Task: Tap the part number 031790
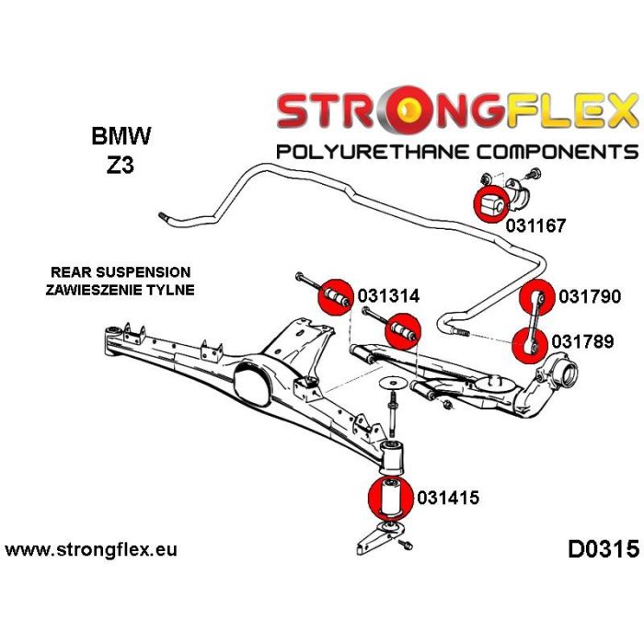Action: (591, 296)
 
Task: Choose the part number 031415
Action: (448, 499)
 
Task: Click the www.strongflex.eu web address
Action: (91, 551)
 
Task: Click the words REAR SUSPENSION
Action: (120, 272)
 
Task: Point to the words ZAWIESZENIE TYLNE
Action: (120, 290)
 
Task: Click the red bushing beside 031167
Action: (489, 203)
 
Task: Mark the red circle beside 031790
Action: (540, 296)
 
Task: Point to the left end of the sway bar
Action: (163, 218)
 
